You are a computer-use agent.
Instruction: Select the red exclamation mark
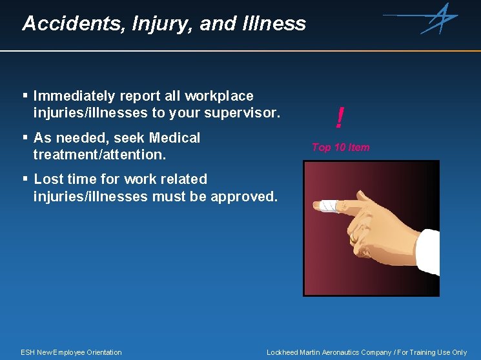pyautogui.click(x=339, y=117)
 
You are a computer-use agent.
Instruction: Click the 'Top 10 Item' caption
pyautogui.click(x=340, y=147)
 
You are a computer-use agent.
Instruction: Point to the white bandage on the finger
pyautogui.click(x=328, y=205)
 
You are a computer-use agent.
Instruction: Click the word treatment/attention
pyautogui.click(x=99, y=155)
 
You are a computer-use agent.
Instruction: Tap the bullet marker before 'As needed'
pyautogui.click(x=25, y=137)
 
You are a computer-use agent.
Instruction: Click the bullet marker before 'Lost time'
pyautogui.click(x=25, y=178)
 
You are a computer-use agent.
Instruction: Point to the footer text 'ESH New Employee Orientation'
pyautogui.click(x=71, y=352)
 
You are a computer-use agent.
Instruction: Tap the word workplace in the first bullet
pyautogui.click(x=219, y=96)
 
